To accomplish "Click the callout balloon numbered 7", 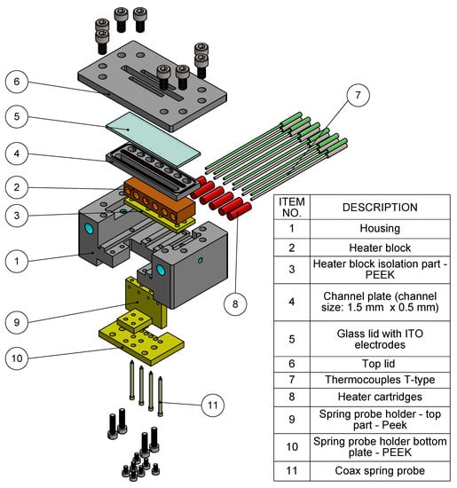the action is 358,95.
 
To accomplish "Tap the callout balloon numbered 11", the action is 213,405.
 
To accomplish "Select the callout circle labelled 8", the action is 235,303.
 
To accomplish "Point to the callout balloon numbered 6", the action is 17,82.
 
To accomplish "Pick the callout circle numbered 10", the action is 17,358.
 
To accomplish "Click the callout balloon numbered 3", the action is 17,216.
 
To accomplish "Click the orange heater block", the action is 159,200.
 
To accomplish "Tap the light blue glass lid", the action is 153,138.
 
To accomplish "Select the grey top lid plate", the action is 152,85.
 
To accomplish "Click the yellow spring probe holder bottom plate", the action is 142,342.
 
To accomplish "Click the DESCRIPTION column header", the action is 380,208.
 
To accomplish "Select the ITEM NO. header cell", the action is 292,208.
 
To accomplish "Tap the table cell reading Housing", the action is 380,229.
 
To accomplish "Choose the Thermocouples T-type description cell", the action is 380,380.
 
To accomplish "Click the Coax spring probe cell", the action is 380,470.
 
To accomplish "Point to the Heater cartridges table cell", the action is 380,397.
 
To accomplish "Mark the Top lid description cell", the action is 380,364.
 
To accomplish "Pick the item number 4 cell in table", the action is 292,302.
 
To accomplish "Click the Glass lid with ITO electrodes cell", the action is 380,339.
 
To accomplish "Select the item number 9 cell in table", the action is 292,420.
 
